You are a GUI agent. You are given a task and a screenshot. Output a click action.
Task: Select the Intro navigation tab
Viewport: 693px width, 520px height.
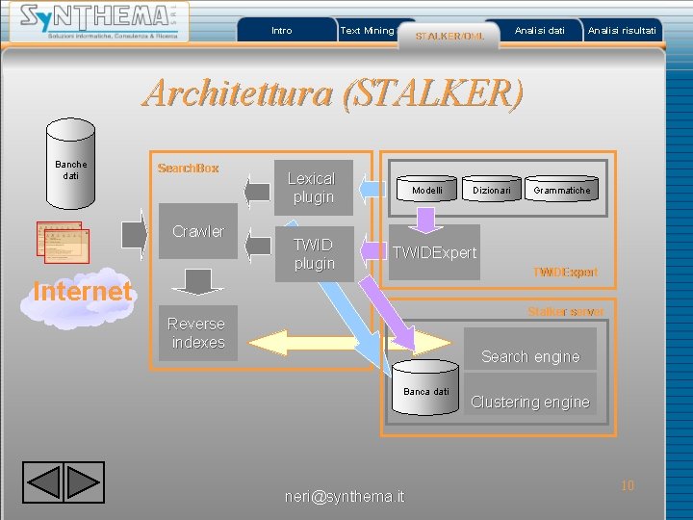pyautogui.click(x=282, y=31)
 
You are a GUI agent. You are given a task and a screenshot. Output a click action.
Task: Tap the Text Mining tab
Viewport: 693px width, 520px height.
pyautogui.click(x=367, y=31)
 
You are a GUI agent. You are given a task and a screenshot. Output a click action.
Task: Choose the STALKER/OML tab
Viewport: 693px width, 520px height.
pyautogui.click(x=449, y=36)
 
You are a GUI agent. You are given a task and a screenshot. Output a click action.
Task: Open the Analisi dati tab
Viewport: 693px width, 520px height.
pyautogui.click(x=539, y=31)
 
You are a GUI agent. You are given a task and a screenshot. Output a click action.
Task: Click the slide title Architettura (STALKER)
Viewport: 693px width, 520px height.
pyautogui.click(x=334, y=93)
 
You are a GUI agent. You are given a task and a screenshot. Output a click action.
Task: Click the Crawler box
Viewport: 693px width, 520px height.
pyautogui.click(x=197, y=231)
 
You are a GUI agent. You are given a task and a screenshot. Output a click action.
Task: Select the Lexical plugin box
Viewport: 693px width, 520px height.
pyautogui.click(x=312, y=188)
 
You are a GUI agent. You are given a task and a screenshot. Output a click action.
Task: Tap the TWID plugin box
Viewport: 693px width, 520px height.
pyautogui.click(x=314, y=253)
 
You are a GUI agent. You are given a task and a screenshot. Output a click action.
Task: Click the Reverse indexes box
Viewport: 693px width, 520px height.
pyautogui.click(x=196, y=333)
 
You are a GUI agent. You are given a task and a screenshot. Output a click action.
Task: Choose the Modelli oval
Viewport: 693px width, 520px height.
pyautogui.click(x=426, y=191)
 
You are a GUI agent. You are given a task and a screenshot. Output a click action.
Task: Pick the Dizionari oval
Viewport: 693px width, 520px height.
pyautogui.click(x=491, y=191)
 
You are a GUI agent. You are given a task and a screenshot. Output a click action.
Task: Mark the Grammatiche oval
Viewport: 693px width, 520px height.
pyautogui.click(x=562, y=191)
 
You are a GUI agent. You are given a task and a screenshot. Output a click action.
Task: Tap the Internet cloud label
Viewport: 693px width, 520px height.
pyautogui.click(x=82, y=291)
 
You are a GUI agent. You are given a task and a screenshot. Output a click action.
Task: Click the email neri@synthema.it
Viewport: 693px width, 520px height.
pyautogui.click(x=345, y=497)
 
